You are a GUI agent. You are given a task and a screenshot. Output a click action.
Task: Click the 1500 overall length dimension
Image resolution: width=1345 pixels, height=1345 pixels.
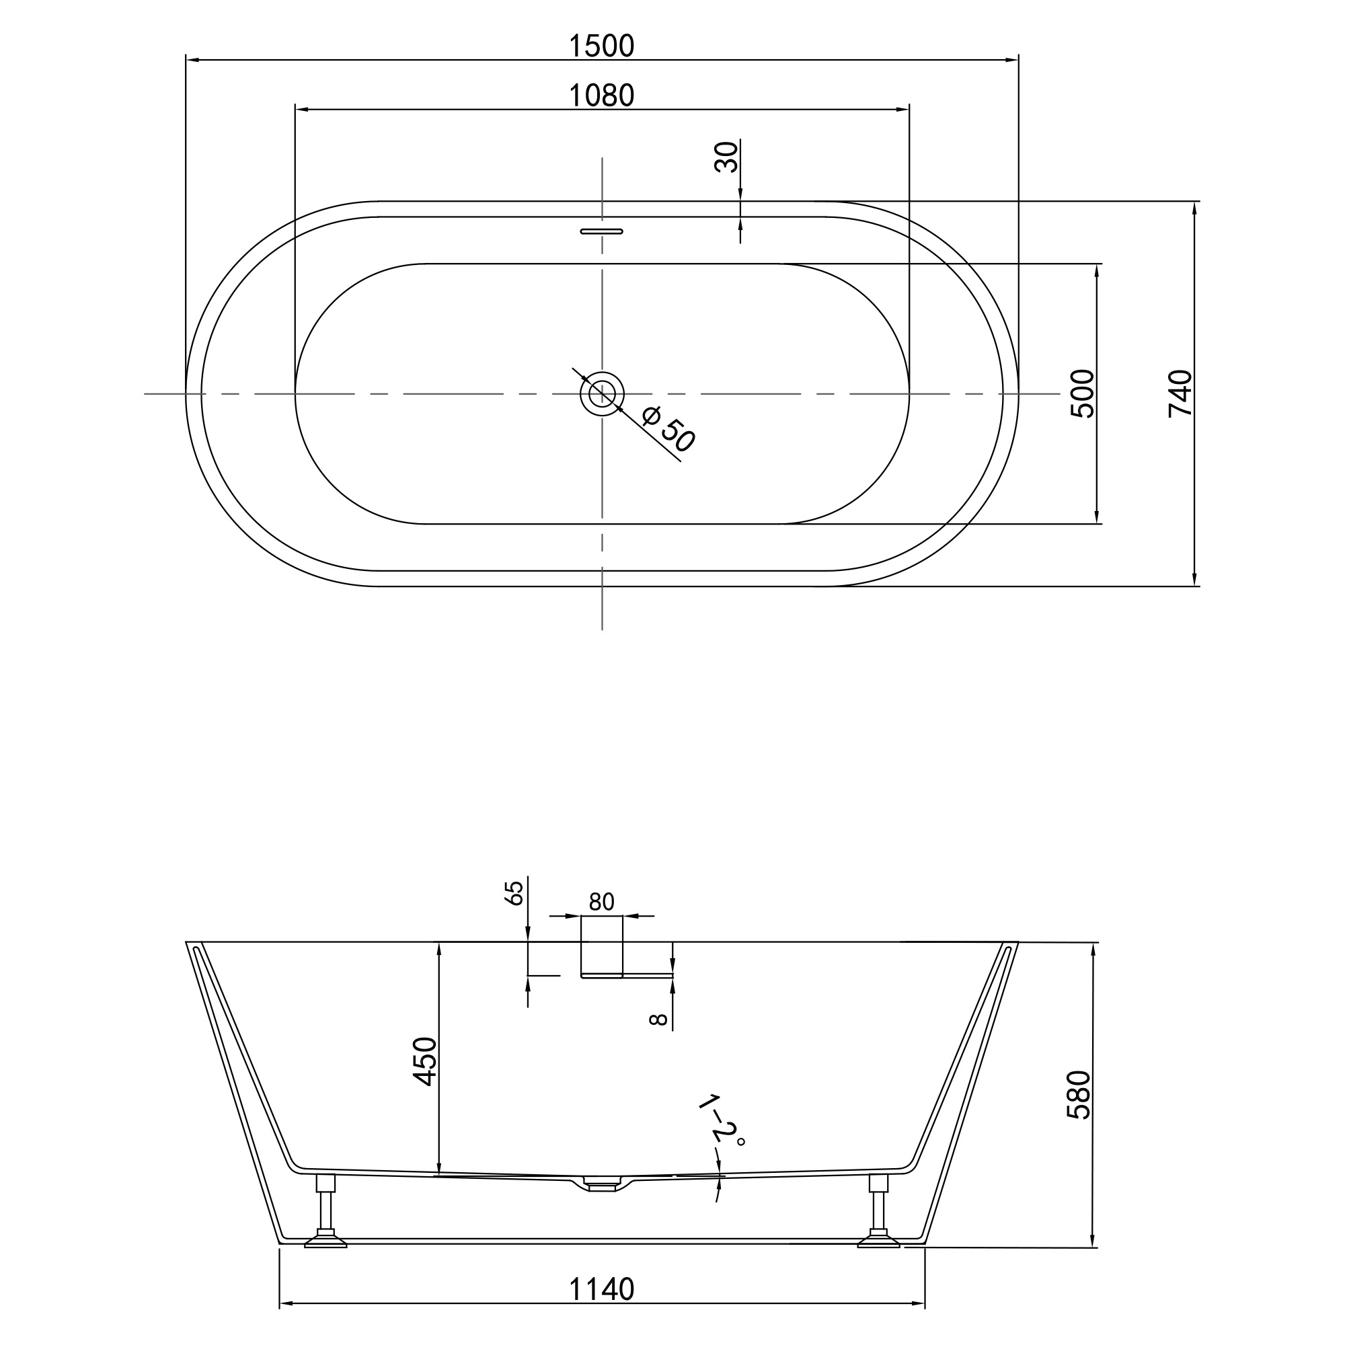coord(601,46)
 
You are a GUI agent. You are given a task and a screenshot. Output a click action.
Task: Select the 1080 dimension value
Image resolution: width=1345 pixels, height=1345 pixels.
coord(601,95)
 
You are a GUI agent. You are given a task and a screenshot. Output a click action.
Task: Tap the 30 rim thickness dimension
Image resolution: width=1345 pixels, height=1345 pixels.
coord(726,157)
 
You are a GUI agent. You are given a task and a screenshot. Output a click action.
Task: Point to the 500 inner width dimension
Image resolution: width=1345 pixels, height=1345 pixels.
coord(1083,393)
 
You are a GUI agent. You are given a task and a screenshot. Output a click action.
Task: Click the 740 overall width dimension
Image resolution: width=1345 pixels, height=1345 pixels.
coord(1181,393)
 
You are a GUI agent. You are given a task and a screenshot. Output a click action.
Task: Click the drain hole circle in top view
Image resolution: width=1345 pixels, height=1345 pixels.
coord(602,394)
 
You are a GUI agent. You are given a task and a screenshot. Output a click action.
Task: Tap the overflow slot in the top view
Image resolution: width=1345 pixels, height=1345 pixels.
coord(602,231)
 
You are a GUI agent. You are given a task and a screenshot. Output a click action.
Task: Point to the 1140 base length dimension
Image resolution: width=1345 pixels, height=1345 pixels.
coord(601,1289)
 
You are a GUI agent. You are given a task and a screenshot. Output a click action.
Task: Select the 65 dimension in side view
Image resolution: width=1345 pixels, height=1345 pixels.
coord(514,892)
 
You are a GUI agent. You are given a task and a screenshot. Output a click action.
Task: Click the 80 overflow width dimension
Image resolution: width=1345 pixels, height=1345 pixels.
coord(601,902)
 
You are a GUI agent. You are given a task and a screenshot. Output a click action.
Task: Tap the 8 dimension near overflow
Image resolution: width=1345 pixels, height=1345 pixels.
coord(658,1020)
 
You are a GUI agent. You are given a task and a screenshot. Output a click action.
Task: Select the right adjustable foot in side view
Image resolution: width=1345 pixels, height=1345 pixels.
coord(878,1212)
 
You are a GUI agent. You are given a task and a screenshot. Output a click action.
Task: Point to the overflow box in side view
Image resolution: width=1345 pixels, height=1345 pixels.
coord(601,948)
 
